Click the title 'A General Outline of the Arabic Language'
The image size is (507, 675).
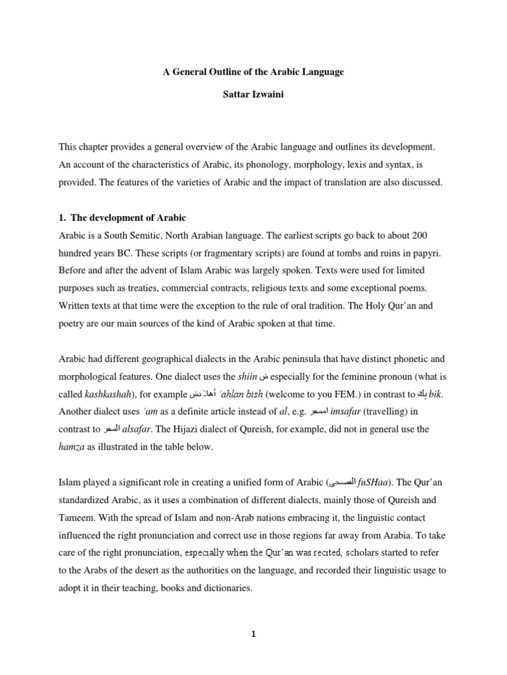coord(253,72)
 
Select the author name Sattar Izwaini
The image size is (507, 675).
coord(253,97)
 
